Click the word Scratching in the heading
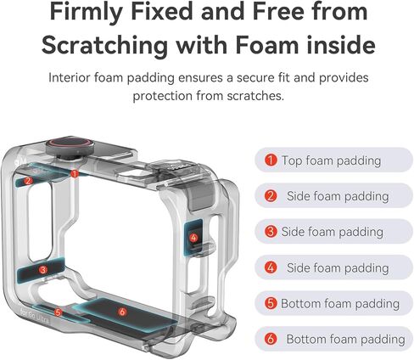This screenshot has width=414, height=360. tap(104, 45)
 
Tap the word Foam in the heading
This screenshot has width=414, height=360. tap(267, 45)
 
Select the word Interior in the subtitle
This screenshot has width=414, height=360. tap(70, 77)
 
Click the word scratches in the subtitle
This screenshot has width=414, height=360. tap(255, 96)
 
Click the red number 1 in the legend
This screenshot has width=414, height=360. tap(271, 160)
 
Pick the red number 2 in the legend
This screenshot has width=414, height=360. tap(271, 196)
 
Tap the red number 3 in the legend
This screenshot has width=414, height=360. tap(271, 232)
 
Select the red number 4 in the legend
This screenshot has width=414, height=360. tap(271, 267)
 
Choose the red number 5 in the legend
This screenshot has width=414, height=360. tap(271, 303)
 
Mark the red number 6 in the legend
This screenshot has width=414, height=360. tap(271, 339)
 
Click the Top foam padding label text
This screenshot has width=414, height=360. tap(331, 160)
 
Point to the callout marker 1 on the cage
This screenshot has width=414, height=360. tap(75, 173)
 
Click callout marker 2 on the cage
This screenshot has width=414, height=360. tap(28, 181)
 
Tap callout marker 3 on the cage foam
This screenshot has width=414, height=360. tap(43, 270)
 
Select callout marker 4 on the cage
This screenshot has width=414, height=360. tap(193, 238)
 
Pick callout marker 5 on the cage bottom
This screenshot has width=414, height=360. tap(58, 312)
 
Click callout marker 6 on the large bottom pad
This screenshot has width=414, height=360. tap(122, 312)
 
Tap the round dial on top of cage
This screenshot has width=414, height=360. tap(70, 146)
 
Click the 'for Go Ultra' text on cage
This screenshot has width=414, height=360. tap(35, 316)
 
